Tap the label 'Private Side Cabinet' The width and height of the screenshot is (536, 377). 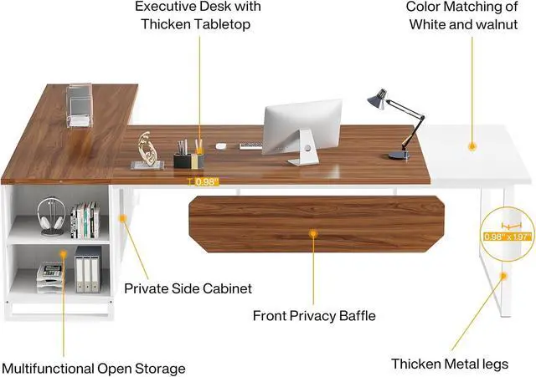tap(188, 289)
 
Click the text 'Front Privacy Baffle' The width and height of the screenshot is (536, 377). tap(314, 316)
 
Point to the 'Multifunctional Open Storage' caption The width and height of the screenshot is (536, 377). tap(93, 368)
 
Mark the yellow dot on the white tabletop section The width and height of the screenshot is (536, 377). tap(472, 146)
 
